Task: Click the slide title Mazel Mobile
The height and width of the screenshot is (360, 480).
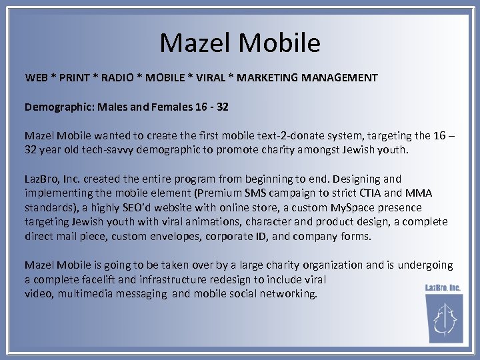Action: tap(240, 43)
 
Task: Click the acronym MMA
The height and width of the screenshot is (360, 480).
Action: tap(419, 193)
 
